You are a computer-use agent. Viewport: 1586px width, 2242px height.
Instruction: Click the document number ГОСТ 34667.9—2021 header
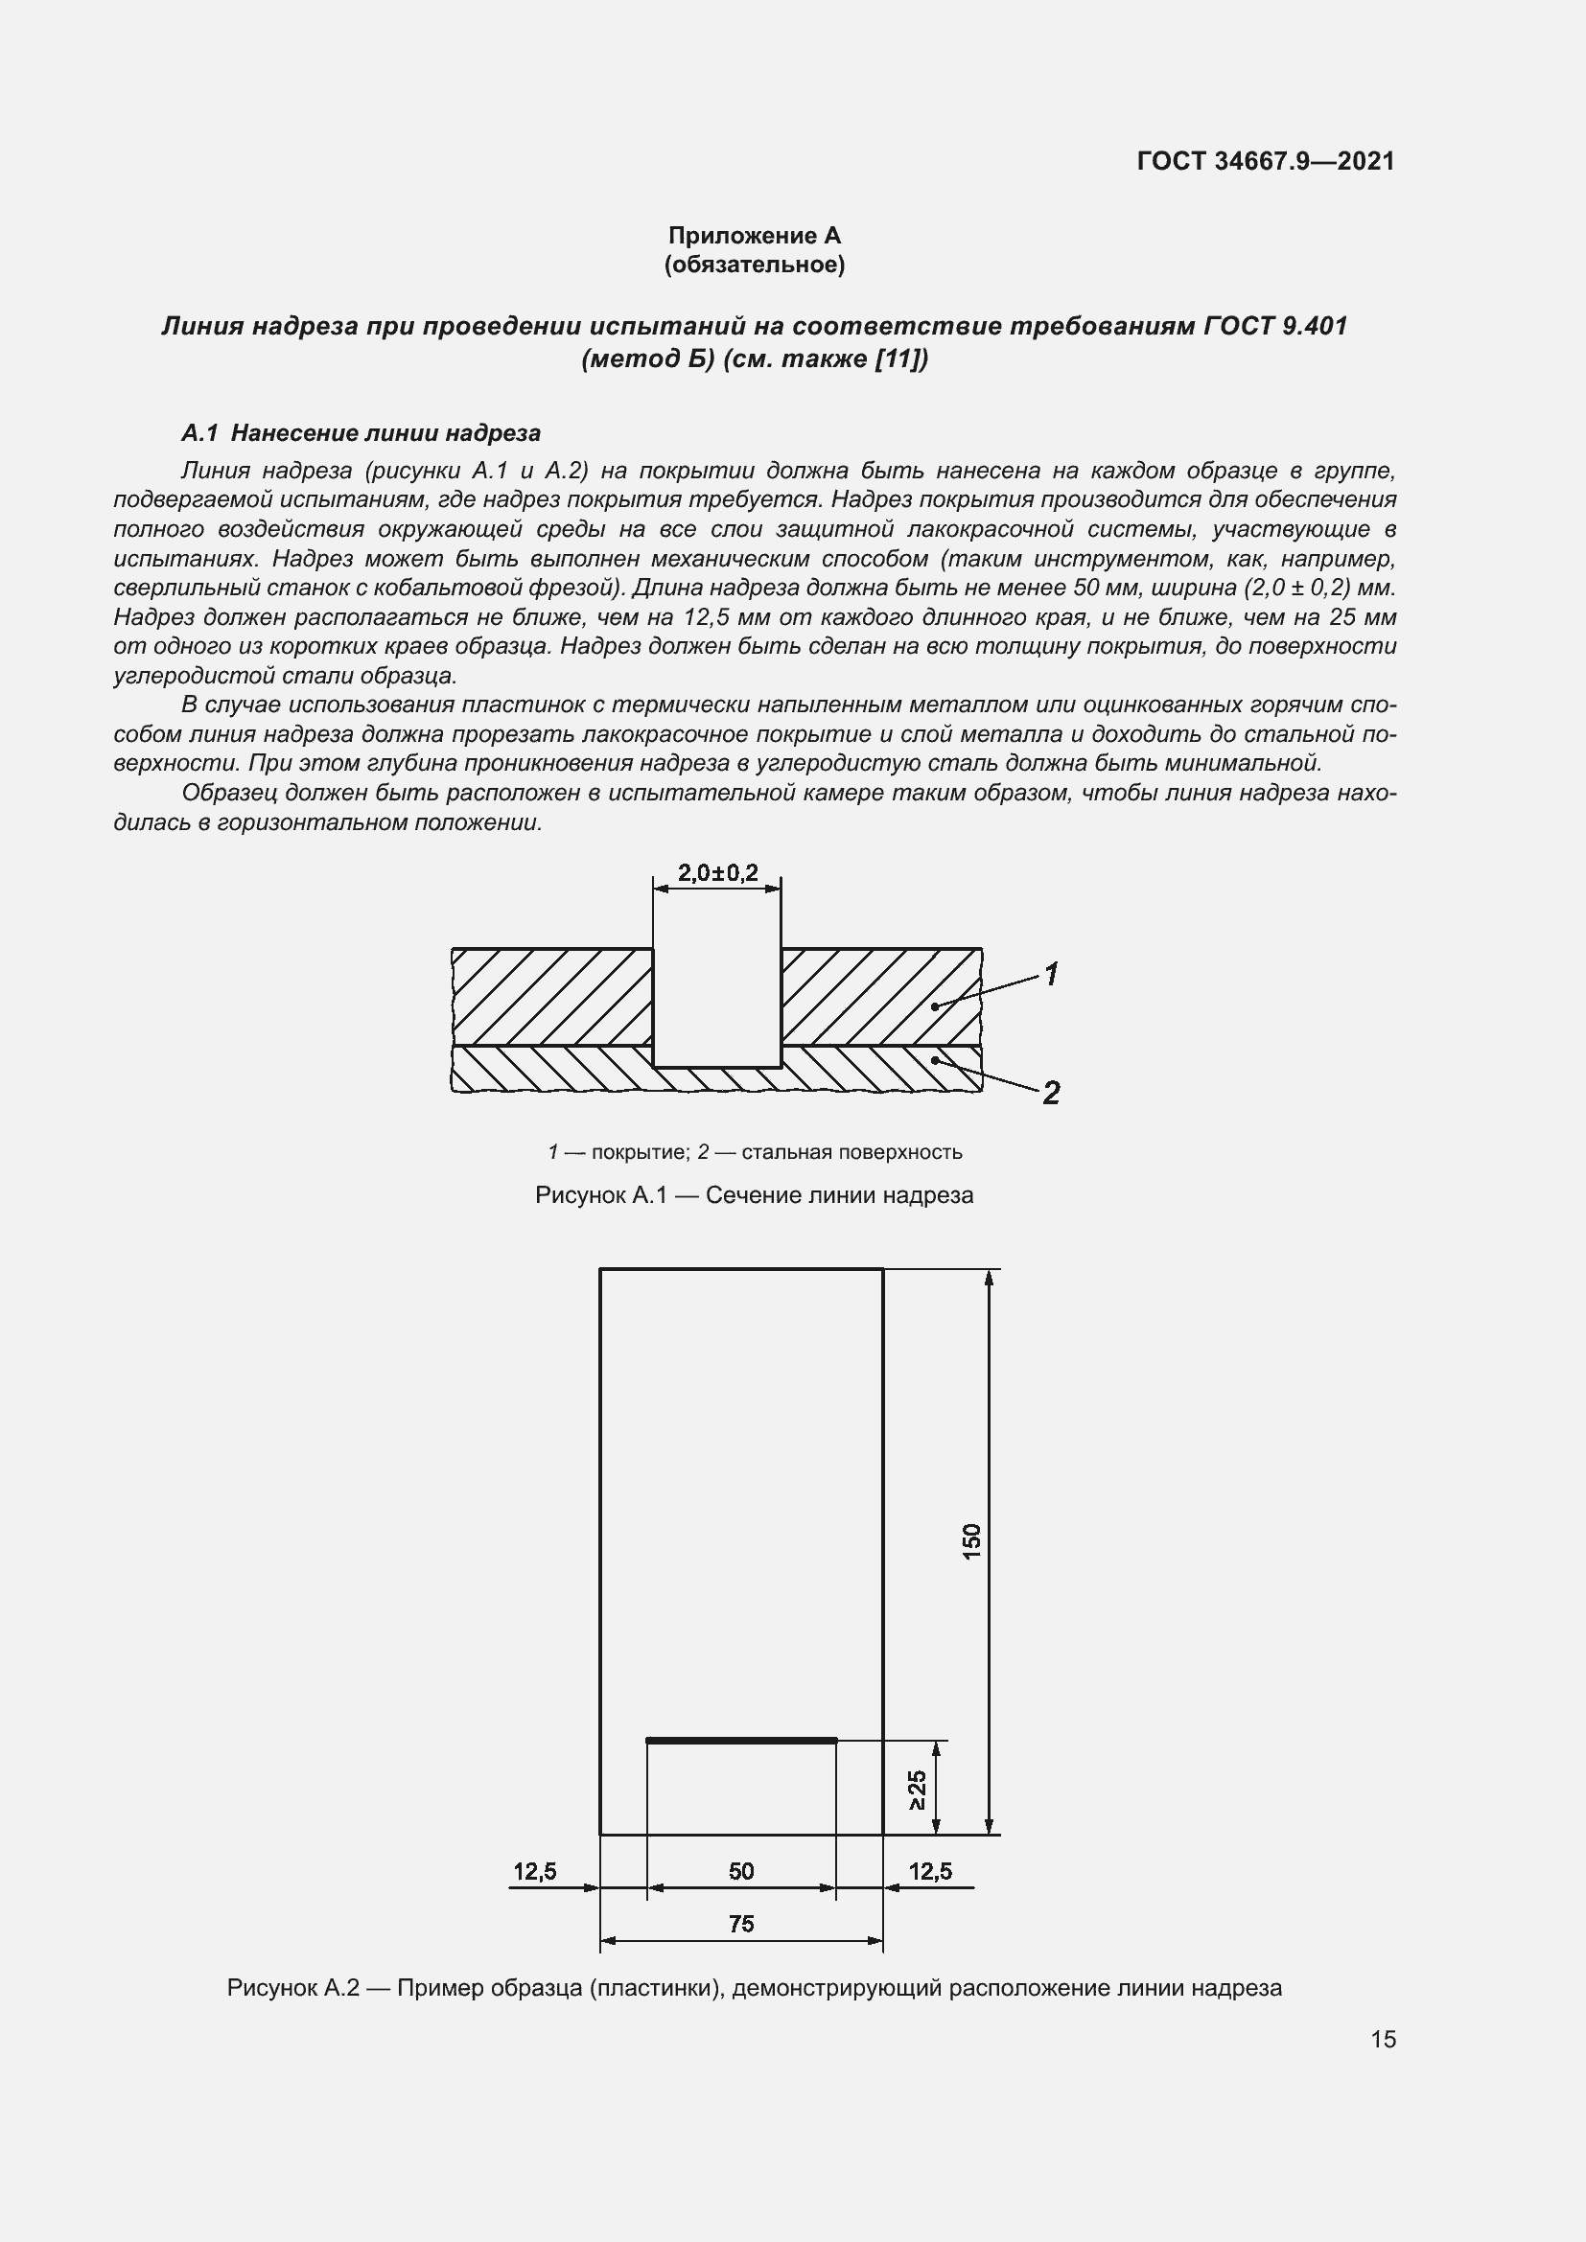point(1266,161)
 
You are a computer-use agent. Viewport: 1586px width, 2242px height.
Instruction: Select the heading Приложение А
point(754,236)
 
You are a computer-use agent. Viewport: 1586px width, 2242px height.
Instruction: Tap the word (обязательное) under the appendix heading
point(754,265)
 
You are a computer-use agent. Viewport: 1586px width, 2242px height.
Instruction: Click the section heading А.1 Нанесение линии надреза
point(362,432)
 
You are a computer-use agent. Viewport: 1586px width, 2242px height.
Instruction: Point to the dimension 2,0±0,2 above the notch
point(718,872)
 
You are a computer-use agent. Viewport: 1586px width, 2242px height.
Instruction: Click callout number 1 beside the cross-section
point(1052,974)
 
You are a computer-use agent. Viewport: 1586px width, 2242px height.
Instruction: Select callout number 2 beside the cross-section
point(1051,1093)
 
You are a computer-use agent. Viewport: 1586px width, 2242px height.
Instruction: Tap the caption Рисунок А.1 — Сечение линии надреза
point(754,1195)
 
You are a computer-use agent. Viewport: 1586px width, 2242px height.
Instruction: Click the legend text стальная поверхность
point(851,1152)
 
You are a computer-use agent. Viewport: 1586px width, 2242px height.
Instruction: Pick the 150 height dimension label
point(971,1541)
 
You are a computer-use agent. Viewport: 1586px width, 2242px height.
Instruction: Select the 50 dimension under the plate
point(741,1871)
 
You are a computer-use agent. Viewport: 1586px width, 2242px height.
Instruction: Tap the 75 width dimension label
point(741,1924)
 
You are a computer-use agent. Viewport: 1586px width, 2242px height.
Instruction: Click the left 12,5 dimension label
point(534,1871)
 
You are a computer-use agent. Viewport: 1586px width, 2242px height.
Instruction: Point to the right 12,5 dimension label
point(930,1871)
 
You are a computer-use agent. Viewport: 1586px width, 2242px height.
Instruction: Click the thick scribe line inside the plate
point(741,1740)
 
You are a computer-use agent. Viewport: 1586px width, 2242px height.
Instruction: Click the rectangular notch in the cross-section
point(717,1006)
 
